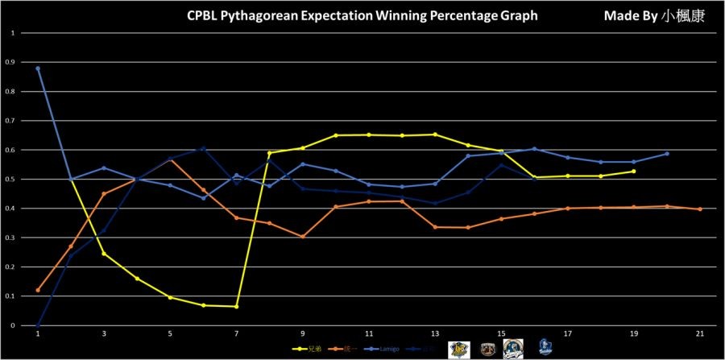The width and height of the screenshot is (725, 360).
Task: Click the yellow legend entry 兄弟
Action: [305, 348]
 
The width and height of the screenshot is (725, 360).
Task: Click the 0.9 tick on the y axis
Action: [11, 63]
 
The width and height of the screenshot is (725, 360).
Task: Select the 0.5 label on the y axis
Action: [11, 180]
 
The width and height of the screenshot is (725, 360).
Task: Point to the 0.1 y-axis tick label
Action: [11, 296]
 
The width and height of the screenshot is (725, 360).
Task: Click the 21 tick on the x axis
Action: [699, 333]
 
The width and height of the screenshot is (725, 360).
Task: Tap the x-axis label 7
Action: [236, 333]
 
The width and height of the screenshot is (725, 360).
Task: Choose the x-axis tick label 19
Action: [633, 333]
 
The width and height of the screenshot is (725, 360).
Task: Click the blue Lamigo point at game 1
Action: [38, 68]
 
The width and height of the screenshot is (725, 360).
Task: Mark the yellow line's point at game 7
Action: [236, 306]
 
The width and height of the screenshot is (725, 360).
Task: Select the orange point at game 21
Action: [699, 209]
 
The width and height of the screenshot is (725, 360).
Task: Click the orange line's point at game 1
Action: [38, 290]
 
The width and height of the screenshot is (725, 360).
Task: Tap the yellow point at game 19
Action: [633, 171]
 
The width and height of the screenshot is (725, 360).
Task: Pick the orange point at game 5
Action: [170, 159]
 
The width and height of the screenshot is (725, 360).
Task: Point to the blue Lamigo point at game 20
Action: [666, 154]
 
